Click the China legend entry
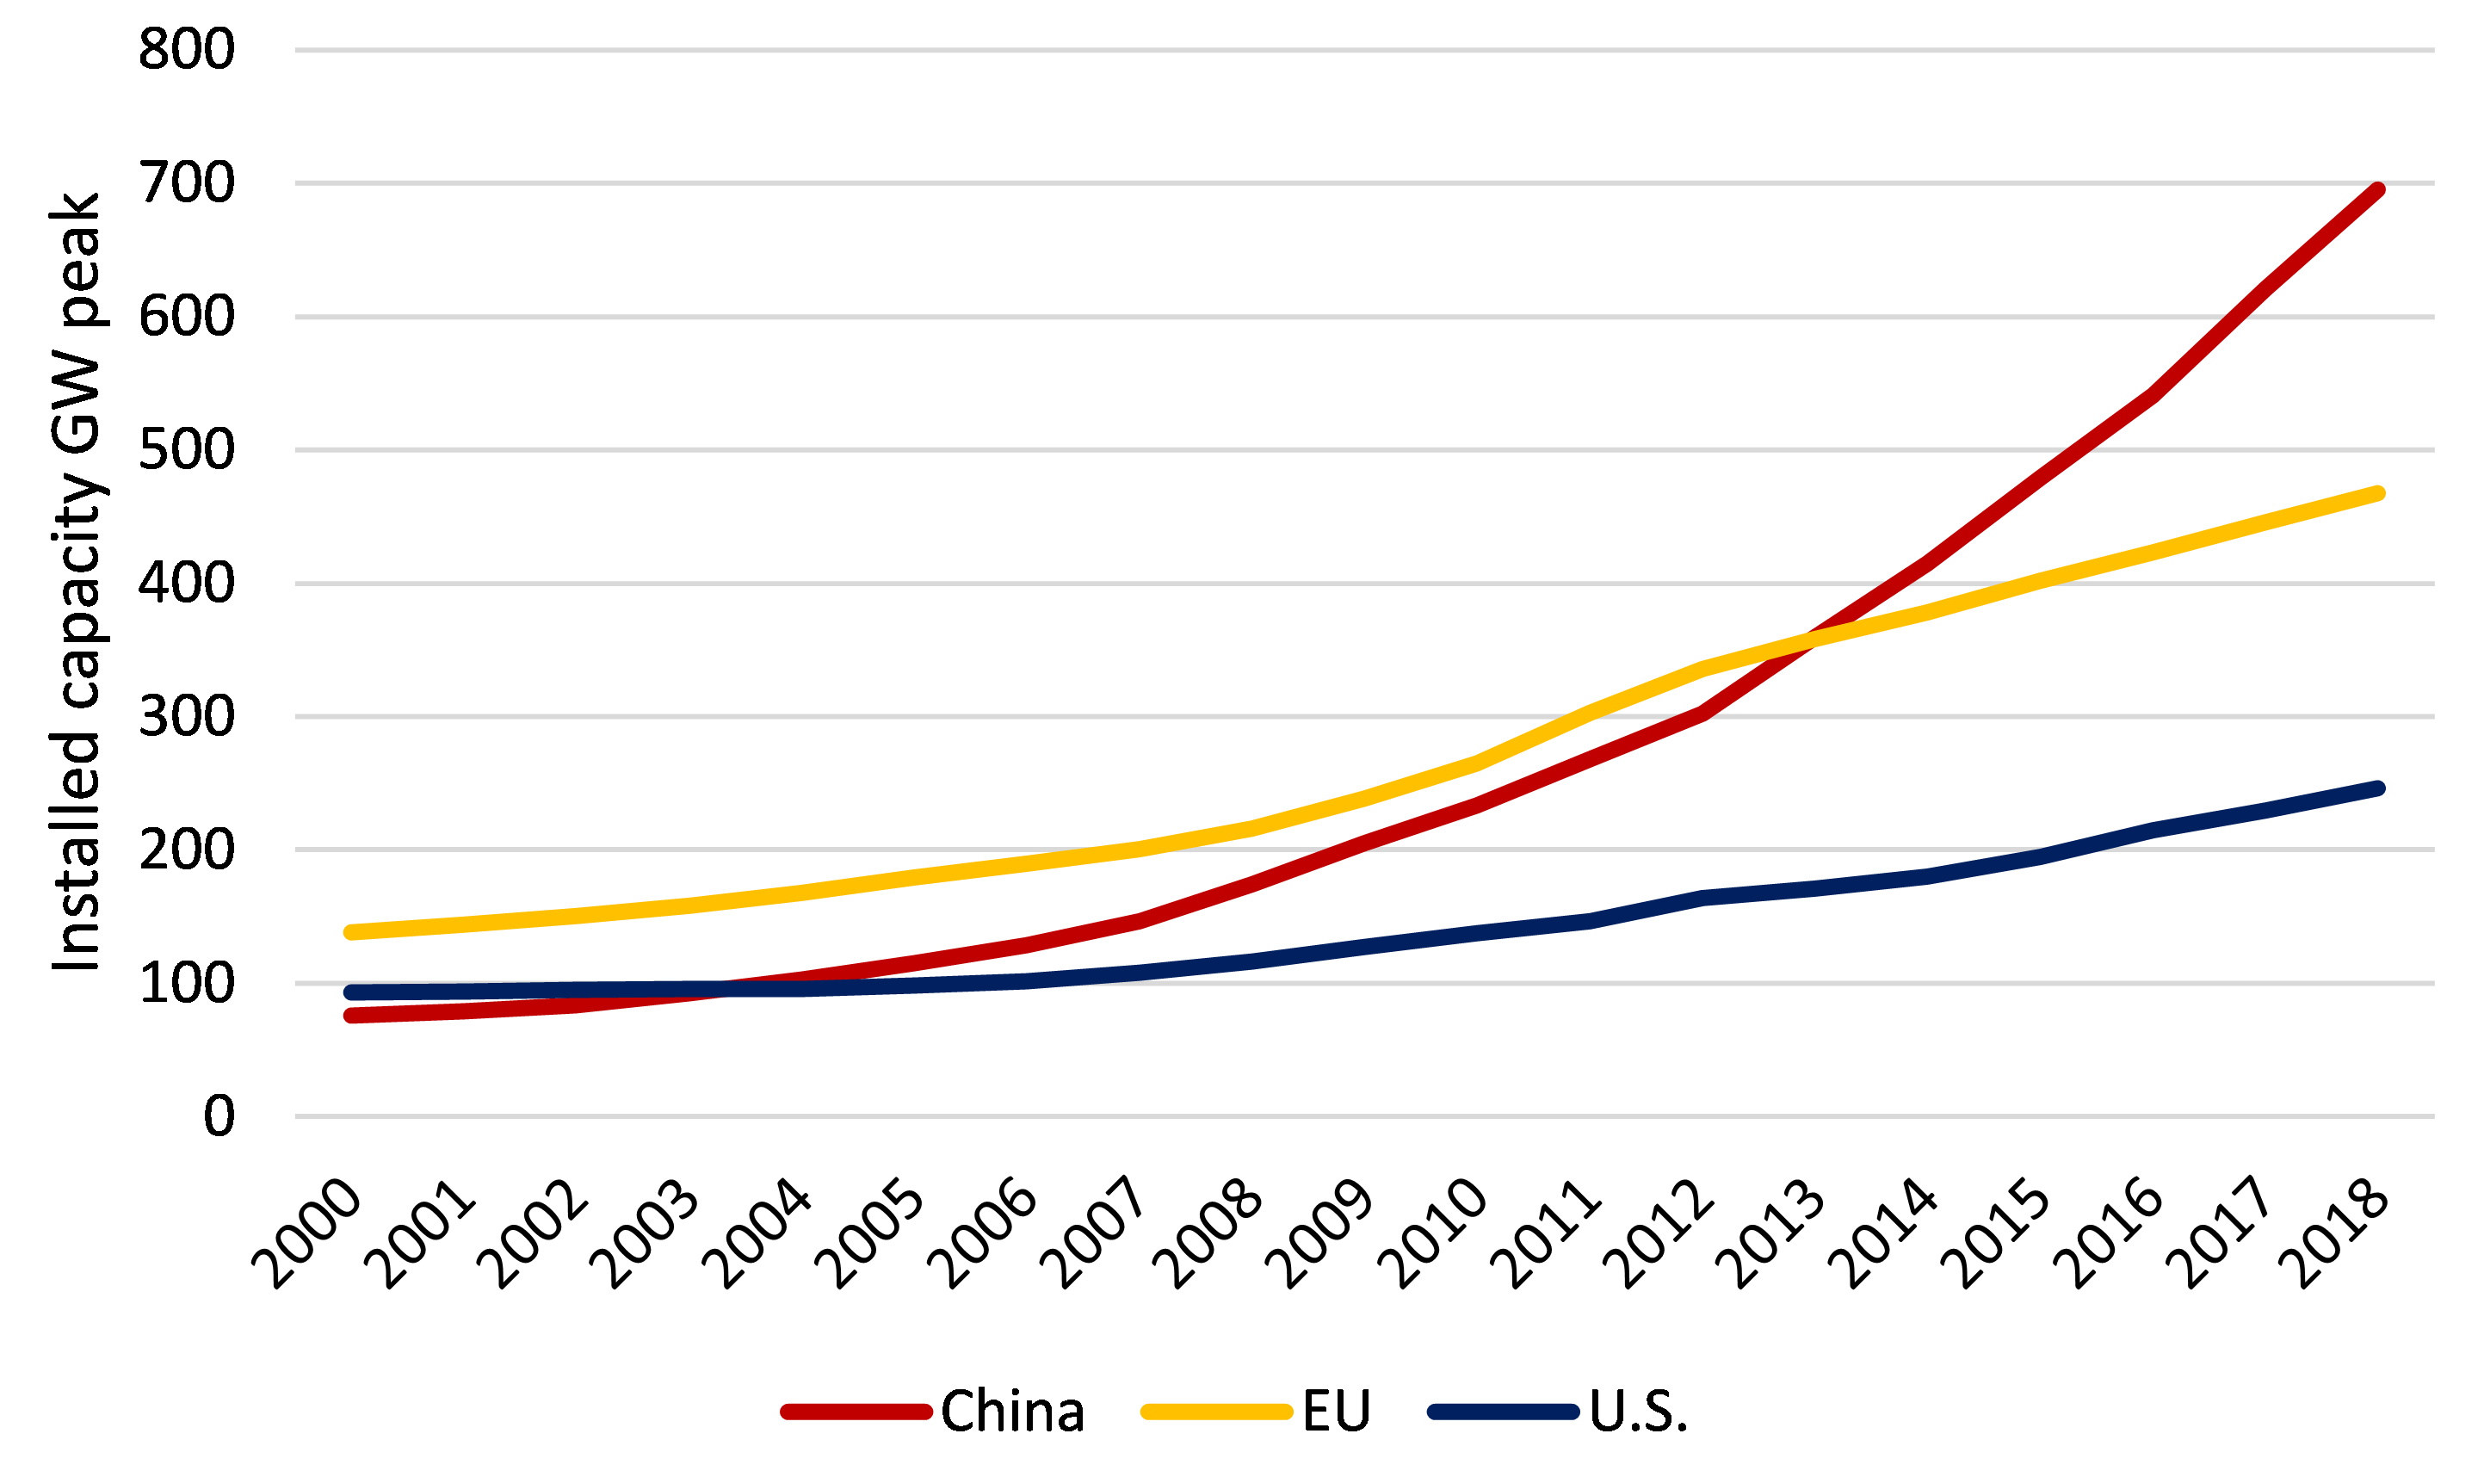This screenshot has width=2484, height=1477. [1010, 1412]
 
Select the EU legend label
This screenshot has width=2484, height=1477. [1336, 1412]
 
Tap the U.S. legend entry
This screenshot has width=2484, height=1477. [1637, 1412]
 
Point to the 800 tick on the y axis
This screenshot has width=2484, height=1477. [186, 50]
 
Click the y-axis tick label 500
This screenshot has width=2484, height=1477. [186, 450]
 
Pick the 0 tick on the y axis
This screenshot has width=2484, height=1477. [219, 1115]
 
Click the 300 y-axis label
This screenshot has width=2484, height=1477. [186, 717]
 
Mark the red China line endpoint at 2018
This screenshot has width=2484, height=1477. [2377, 190]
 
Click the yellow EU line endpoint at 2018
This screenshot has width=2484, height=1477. [2377, 494]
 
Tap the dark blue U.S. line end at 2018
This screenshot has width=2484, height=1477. [2377, 788]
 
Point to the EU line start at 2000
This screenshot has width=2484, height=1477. [351, 932]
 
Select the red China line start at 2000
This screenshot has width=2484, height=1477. [351, 1015]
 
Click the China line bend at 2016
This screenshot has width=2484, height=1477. [2152, 395]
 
